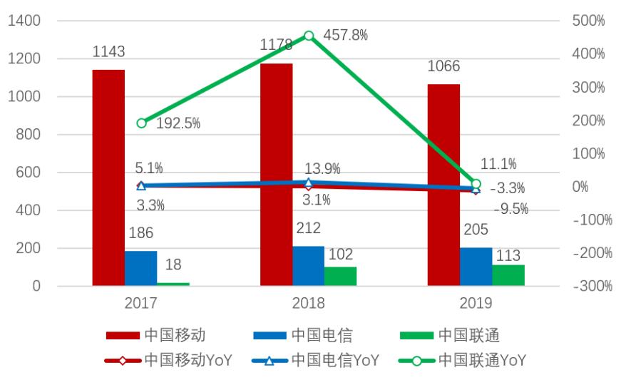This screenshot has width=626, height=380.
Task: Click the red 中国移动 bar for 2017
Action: click(x=108, y=178)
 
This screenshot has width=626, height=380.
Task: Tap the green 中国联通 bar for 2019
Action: click(x=508, y=275)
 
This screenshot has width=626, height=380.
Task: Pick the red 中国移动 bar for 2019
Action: click(x=443, y=185)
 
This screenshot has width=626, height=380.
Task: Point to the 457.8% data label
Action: click(x=346, y=35)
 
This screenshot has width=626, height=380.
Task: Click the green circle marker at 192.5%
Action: click(x=141, y=123)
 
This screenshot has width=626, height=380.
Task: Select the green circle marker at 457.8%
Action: click(x=309, y=36)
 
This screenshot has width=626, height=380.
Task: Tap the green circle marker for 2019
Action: click(x=476, y=184)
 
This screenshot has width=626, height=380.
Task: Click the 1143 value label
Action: click(x=108, y=51)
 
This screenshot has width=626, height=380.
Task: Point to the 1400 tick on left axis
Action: click(x=24, y=21)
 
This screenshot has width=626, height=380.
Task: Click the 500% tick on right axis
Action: click(x=588, y=21)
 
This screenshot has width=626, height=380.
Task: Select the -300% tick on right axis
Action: click(x=588, y=286)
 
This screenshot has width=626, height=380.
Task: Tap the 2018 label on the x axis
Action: click(x=308, y=303)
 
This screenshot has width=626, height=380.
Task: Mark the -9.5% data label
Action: click(x=510, y=209)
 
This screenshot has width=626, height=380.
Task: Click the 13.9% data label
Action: click(x=322, y=169)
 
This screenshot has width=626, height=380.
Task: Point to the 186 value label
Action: click(x=140, y=233)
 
